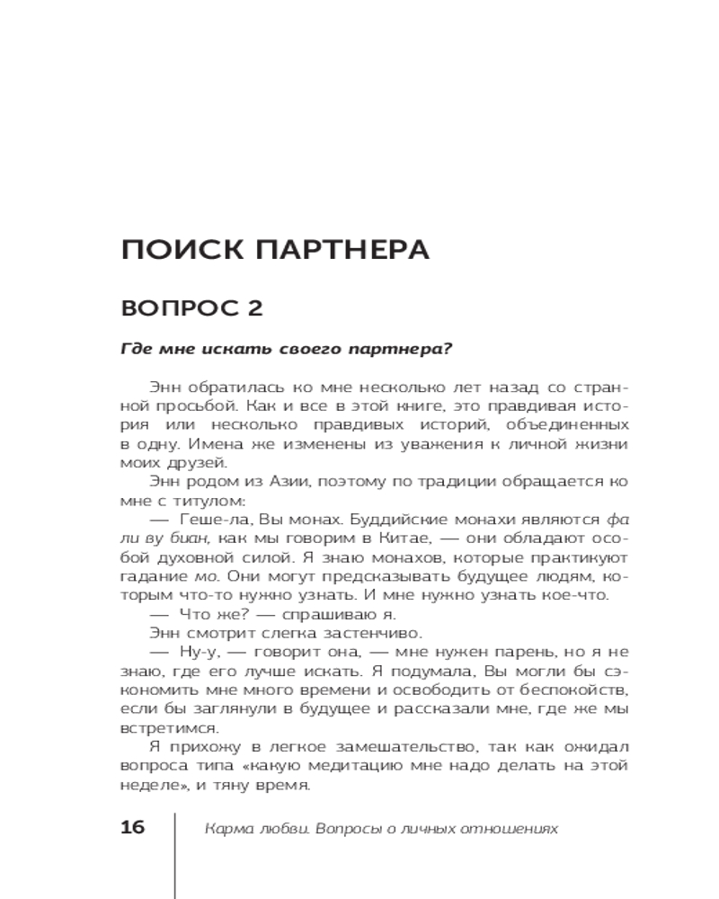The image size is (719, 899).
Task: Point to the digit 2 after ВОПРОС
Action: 253,309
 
